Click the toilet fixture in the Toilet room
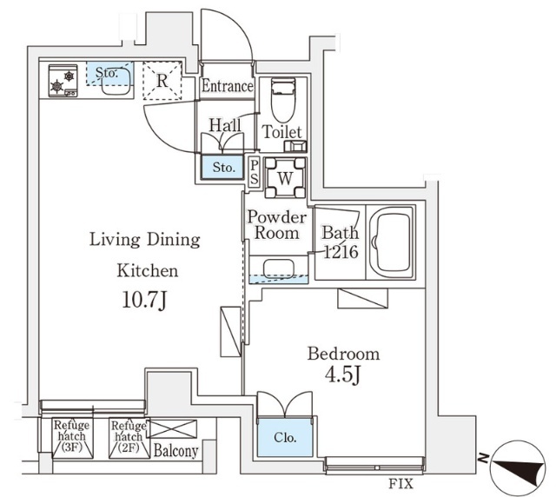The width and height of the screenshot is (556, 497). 283,100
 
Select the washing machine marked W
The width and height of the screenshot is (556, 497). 285,177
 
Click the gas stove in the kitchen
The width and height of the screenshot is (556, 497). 63,81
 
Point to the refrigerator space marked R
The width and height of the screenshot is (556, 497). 162,81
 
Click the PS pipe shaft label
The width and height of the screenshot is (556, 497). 254,172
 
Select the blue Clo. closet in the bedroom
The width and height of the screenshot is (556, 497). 285,437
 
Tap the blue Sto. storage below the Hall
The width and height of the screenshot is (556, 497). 223,167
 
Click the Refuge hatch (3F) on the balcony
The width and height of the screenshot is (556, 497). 72,438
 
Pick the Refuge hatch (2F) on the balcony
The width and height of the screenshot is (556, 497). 129,438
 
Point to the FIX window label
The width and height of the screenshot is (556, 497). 401,484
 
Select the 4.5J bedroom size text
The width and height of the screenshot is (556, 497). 343,375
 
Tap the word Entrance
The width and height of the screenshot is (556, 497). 228,86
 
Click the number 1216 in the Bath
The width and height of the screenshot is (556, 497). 341,252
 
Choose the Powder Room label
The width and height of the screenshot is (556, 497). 276,225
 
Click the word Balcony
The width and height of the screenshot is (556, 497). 175,451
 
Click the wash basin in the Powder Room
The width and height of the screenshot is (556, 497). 279,268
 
